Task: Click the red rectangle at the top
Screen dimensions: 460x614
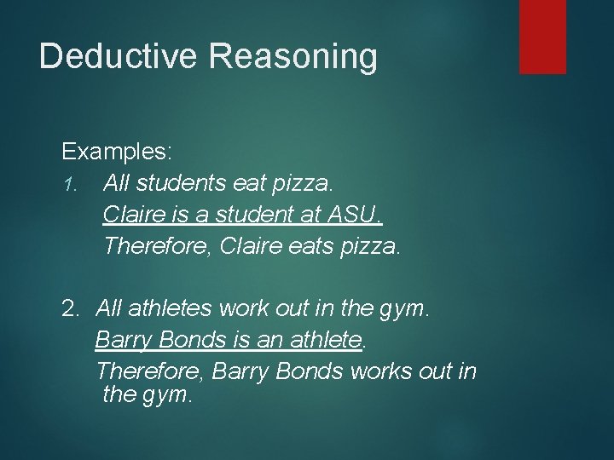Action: pos(542,36)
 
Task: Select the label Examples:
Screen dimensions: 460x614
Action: pos(117,152)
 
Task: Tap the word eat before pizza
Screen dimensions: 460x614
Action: pos(246,181)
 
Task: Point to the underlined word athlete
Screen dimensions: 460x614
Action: pos(326,340)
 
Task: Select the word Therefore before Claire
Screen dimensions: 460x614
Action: pos(158,246)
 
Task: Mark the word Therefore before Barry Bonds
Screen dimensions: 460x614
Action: pos(150,372)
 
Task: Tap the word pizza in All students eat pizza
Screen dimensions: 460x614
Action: pos(298,181)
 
